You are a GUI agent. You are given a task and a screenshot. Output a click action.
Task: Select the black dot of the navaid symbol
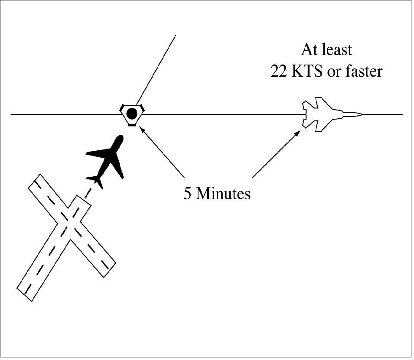[x=132, y=114]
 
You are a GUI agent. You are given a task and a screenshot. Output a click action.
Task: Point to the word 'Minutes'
[x=223, y=193]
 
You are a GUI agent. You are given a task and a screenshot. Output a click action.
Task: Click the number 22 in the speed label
[x=279, y=71]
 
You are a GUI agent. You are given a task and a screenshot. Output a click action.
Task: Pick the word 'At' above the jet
[x=308, y=49]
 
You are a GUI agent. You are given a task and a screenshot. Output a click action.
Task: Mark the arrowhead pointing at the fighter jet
[x=298, y=132]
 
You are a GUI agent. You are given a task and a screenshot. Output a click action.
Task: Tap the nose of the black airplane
[x=121, y=139]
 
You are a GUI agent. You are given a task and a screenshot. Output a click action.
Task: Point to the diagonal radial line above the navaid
[x=156, y=69]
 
